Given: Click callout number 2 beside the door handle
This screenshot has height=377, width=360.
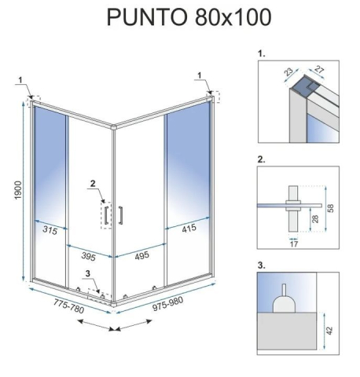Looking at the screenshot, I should tap(93, 185).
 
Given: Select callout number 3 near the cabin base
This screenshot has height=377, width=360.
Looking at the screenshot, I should tap(89, 274).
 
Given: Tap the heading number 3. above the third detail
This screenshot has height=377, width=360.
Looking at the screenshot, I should tap(262, 265).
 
